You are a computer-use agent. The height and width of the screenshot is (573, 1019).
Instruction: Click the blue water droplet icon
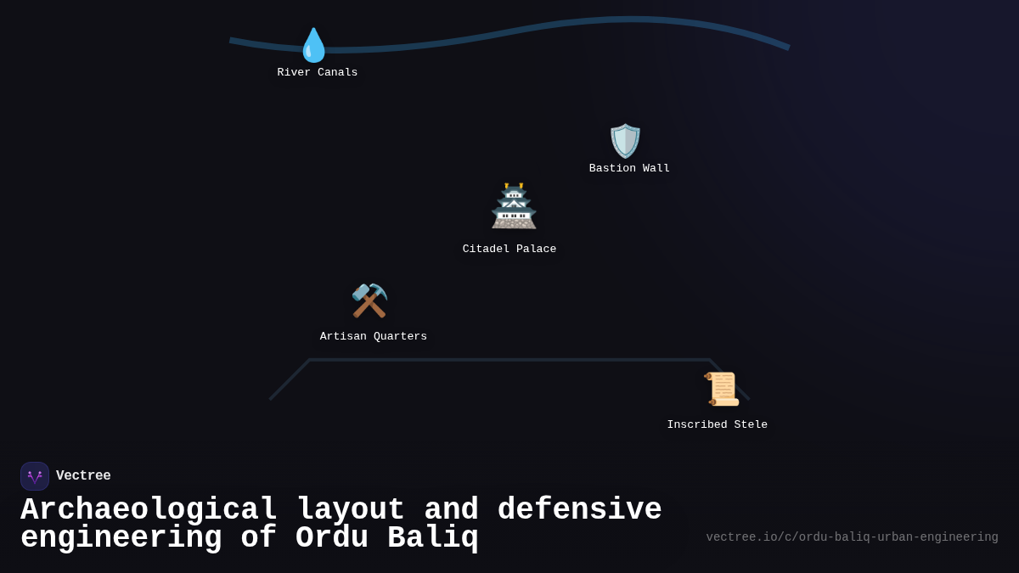coord(314,45)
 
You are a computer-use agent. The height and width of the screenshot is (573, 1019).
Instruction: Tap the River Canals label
coord(317,72)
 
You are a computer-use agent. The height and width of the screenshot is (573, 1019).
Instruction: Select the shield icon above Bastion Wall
coord(625,141)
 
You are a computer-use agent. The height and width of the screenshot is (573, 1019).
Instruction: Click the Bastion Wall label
coord(629,168)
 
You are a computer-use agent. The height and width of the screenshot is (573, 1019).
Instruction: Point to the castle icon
coord(514,205)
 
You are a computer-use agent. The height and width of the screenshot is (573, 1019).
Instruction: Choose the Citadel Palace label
coord(509,249)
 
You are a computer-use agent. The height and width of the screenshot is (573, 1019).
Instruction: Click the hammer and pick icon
coord(369,301)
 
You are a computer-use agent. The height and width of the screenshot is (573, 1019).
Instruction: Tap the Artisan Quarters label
coord(373,336)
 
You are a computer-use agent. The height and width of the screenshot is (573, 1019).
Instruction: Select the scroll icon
coord(722,389)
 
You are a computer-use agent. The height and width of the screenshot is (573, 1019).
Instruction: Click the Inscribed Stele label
coord(717,424)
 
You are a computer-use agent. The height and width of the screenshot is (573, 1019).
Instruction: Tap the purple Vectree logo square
coord(35,476)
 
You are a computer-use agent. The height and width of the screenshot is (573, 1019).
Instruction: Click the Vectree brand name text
coord(83,475)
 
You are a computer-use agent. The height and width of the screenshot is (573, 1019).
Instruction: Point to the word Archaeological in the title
coord(149,509)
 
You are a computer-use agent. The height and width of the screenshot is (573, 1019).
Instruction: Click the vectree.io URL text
coord(852,537)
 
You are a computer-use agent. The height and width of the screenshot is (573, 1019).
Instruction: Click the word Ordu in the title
coord(332,536)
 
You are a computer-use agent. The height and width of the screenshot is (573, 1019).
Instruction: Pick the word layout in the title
coord(351,509)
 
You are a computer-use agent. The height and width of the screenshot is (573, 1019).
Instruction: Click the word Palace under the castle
coord(537,249)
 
